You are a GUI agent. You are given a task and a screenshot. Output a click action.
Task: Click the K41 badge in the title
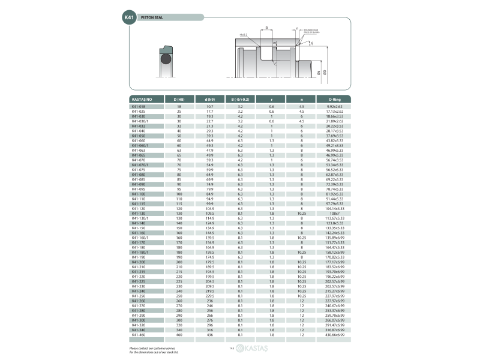(129, 18)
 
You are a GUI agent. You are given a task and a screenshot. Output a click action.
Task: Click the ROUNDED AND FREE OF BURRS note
(311, 30)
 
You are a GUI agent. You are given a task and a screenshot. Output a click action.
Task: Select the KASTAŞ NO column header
(142, 99)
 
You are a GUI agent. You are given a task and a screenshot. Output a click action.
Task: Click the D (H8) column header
(179, 99)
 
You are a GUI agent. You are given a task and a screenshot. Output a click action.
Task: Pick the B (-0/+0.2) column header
(240, 99)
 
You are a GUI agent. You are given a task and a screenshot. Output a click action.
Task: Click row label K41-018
(139, 107)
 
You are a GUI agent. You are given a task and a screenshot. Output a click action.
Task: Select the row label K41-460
(139, 334)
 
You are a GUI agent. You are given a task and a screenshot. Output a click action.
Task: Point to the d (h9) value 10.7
(210, 107)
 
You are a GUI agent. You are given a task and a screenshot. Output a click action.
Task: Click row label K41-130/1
(140, 218)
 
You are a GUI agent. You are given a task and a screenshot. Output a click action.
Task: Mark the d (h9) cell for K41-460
(210, 334)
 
